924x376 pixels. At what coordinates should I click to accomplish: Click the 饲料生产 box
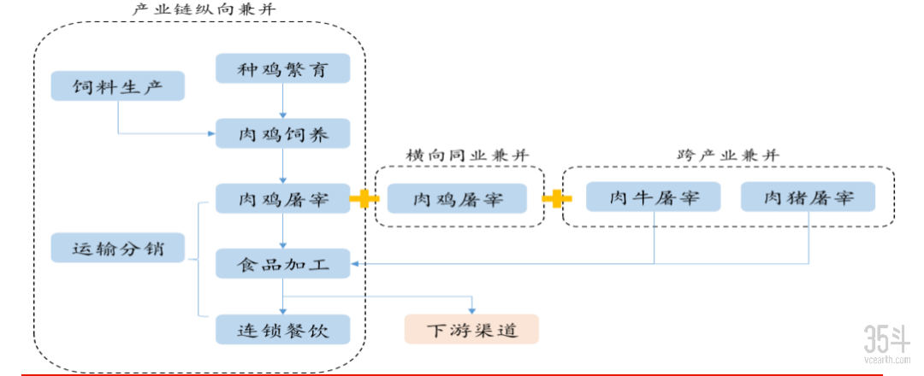tap(118, 86)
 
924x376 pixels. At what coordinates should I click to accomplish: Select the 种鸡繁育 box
tap(283, 69)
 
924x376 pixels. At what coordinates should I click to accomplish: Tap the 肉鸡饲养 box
tap(283, 134)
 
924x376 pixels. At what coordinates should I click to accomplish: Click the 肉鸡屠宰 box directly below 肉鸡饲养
tap(283, 199)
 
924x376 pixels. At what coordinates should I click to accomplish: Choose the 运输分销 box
tap(118, 249)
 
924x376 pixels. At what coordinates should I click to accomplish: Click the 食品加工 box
tap(283, 263)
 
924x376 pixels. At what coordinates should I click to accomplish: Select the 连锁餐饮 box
tap(283, 329)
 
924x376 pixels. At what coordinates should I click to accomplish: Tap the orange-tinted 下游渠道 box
tap(471, 329)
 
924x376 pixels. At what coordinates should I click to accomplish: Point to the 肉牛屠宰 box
tap(654, 197)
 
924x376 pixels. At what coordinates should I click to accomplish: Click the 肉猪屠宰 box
tap(808, 197)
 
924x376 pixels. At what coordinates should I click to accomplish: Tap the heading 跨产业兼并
tap(728, 156)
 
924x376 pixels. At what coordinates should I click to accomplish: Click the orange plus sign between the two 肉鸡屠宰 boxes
tap(364, 199)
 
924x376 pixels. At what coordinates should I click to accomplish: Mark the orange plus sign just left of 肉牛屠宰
tap(556, 199)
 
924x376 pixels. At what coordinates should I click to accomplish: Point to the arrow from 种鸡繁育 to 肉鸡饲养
tap(283, 102)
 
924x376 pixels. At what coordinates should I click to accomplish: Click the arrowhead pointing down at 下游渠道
tap(471, 309)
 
